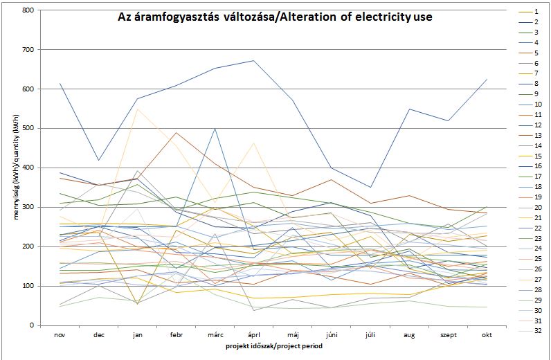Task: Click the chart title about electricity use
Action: click(275, 16)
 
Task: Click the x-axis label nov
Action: click(60, 334)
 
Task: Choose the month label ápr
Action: click(254, 334)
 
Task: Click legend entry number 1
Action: click(536, 12)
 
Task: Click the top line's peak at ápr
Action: click(254, 61)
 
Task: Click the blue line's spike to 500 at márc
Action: click(215, 129)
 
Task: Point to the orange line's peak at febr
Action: click(177, 133)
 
